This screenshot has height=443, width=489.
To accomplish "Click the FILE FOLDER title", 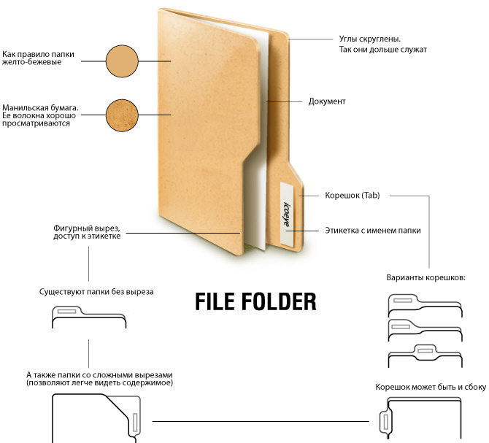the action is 255,301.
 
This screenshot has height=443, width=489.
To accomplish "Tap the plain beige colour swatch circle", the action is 122,61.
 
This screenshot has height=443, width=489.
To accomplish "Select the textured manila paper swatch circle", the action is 122,115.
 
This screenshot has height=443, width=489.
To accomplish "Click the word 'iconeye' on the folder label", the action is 286,214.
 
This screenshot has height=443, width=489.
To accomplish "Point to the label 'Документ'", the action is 327,101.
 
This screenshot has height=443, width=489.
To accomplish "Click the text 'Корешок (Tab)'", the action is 353,196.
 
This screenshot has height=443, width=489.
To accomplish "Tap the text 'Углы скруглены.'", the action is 370,39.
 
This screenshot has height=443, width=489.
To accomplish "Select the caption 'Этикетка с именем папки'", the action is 373,231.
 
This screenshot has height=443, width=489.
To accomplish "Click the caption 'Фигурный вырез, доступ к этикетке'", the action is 87,232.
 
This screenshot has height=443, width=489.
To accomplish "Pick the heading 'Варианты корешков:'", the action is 426,277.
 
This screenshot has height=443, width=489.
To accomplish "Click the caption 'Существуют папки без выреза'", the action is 96,292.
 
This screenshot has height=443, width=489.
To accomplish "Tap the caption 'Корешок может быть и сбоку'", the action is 431,387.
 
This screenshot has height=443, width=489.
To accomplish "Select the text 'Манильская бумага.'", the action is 40,108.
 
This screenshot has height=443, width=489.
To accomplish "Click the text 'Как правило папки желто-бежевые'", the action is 38,58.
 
